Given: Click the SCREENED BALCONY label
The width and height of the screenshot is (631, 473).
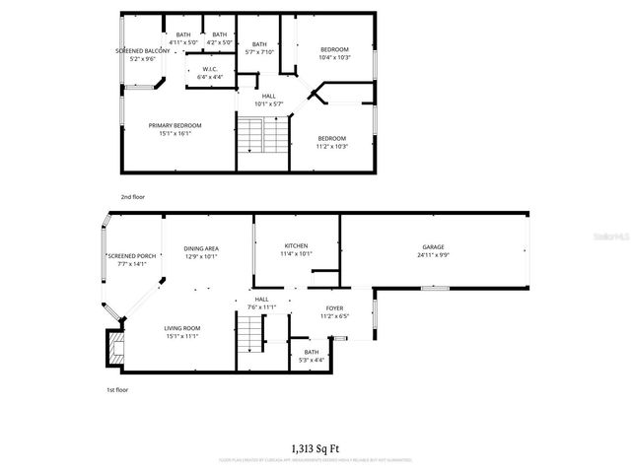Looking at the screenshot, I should click(136, 50).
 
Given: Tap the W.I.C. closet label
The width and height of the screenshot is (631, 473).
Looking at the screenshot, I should click(209, 68).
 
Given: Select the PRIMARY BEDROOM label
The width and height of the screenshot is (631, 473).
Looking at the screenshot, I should click(175, 125).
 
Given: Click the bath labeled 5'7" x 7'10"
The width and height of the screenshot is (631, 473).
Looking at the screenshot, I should click(259, 44).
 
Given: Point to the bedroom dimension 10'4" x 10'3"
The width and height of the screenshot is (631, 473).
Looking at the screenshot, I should click(335, 57).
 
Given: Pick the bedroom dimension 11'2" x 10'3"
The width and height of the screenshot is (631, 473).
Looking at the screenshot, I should click(331, 146).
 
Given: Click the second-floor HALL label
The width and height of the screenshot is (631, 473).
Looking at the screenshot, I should click(268, 96).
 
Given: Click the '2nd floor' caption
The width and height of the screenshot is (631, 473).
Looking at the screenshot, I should click(132, 197).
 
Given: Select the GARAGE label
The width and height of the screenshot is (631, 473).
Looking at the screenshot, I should click(434, 247).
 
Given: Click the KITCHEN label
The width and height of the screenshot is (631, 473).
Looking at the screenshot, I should click(296, 245).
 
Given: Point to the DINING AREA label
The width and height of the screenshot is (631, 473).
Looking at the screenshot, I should click(200, 248).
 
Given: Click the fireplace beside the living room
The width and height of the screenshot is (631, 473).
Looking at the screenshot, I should click(116, 347).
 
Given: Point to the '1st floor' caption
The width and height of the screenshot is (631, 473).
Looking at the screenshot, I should click(118, 390).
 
